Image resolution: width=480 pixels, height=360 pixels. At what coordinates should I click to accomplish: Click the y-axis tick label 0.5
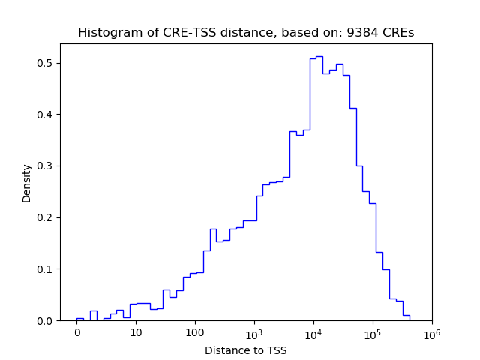46,63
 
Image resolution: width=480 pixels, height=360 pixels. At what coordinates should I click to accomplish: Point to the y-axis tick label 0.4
46,115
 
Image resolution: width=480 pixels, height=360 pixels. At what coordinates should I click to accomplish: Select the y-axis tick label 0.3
46,166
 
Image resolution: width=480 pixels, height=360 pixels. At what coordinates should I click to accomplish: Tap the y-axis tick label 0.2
46,217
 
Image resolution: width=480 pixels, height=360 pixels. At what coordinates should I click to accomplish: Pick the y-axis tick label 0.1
46,269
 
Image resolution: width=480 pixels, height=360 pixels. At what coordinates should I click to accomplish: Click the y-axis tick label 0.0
46,321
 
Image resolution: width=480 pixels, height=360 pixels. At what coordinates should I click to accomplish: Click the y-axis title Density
27,183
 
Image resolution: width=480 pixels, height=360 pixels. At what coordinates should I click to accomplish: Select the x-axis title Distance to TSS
246,349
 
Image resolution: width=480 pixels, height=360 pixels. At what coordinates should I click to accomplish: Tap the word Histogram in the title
106,33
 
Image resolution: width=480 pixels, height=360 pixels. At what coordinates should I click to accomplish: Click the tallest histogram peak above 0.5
319,57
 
